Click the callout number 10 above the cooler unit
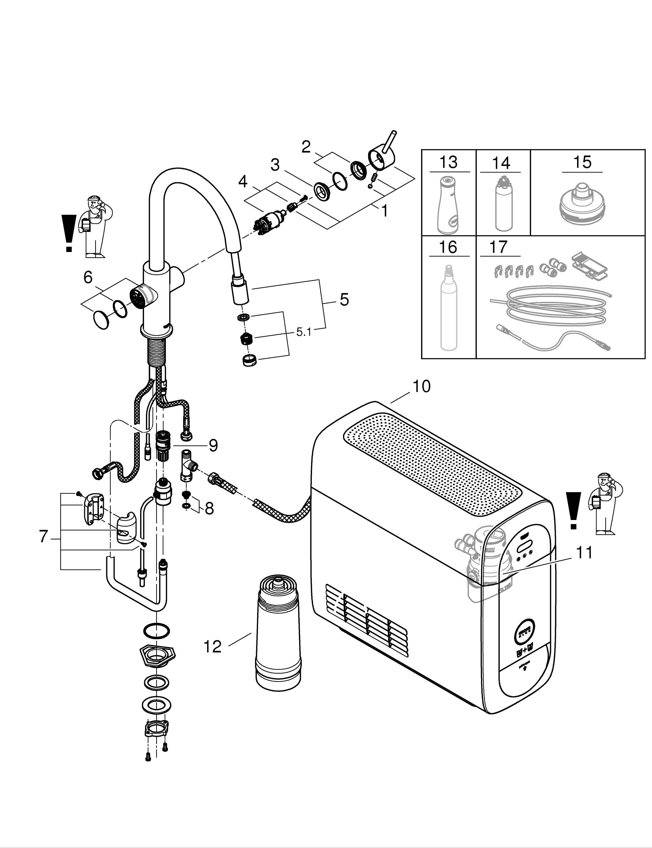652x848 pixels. [x=421, y=387]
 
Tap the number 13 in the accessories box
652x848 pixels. [x=448, y=162]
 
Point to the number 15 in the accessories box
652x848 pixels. [x=582, y=162]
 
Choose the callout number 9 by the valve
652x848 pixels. [x=213, y=445]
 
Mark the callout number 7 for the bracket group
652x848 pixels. [x=43, y=537]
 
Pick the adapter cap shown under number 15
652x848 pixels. [x=582, y=205]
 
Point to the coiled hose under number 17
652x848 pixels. [x=551, y=307]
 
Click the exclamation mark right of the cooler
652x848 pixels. [x=573, y=511]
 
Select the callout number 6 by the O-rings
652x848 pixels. [x=88, y=277]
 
